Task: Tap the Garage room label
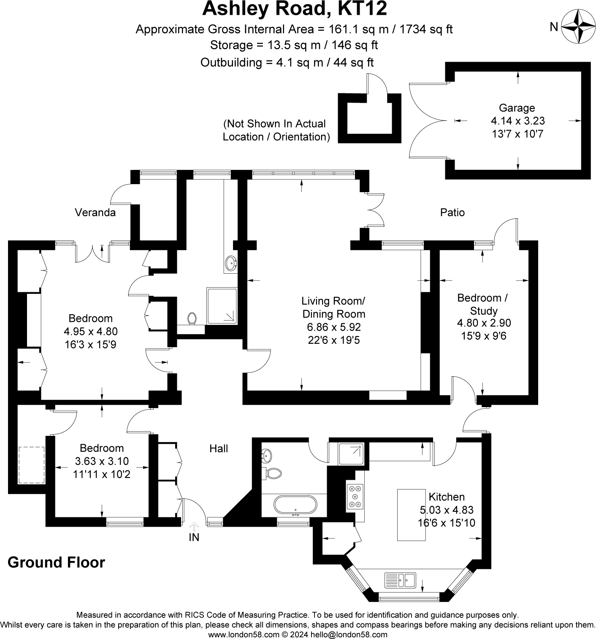point(517,108)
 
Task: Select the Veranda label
point(95,212)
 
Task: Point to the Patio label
point(452,212)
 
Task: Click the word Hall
point(219,449)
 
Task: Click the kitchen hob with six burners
point(355,495)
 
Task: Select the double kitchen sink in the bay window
point(400,579)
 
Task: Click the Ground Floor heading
point(56,563)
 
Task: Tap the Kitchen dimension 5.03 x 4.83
point(447,510)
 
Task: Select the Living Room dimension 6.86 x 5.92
point(333,327)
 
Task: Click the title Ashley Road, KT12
point(294,9)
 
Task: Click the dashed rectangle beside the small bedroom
point(31,465)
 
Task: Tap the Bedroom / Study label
point(483,304)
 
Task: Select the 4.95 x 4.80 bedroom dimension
point(90,332)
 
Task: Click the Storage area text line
point(294,45)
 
